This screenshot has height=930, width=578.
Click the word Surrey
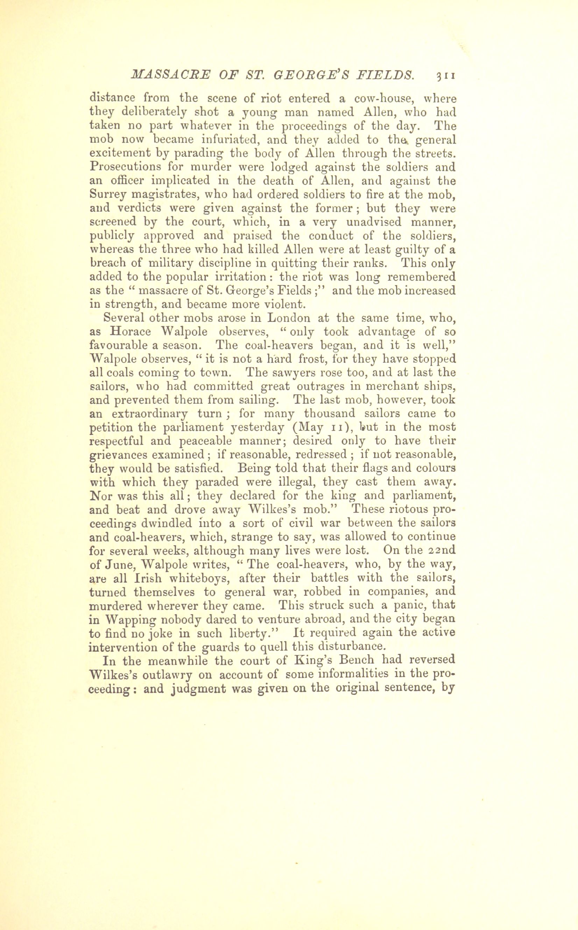coord(107,195)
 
